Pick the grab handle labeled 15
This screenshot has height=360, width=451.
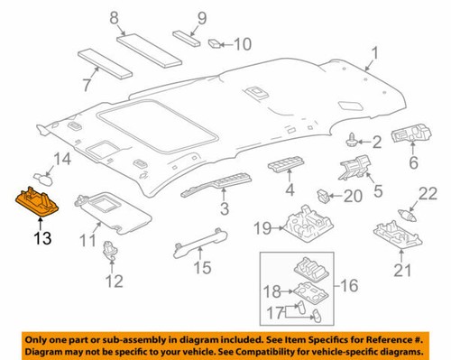199,237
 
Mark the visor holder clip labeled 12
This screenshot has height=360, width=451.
112,252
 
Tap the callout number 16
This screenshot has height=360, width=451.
346,288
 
